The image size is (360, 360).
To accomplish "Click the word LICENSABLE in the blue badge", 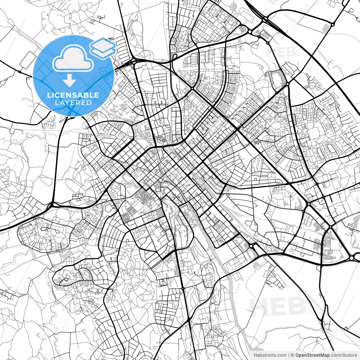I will point(73,95).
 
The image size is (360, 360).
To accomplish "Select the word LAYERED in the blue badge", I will point(73,103).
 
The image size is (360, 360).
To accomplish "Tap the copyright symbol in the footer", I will point(292,355).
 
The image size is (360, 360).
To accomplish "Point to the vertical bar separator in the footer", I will point(289,355).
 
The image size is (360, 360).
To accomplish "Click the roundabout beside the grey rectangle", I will point(333,25).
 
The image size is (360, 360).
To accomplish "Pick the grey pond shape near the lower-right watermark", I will point(256,265).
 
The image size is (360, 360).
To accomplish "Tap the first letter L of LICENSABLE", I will point(49,95).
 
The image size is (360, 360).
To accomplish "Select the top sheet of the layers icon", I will point(103,44).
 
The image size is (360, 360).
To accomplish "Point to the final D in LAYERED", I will point(89,103).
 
